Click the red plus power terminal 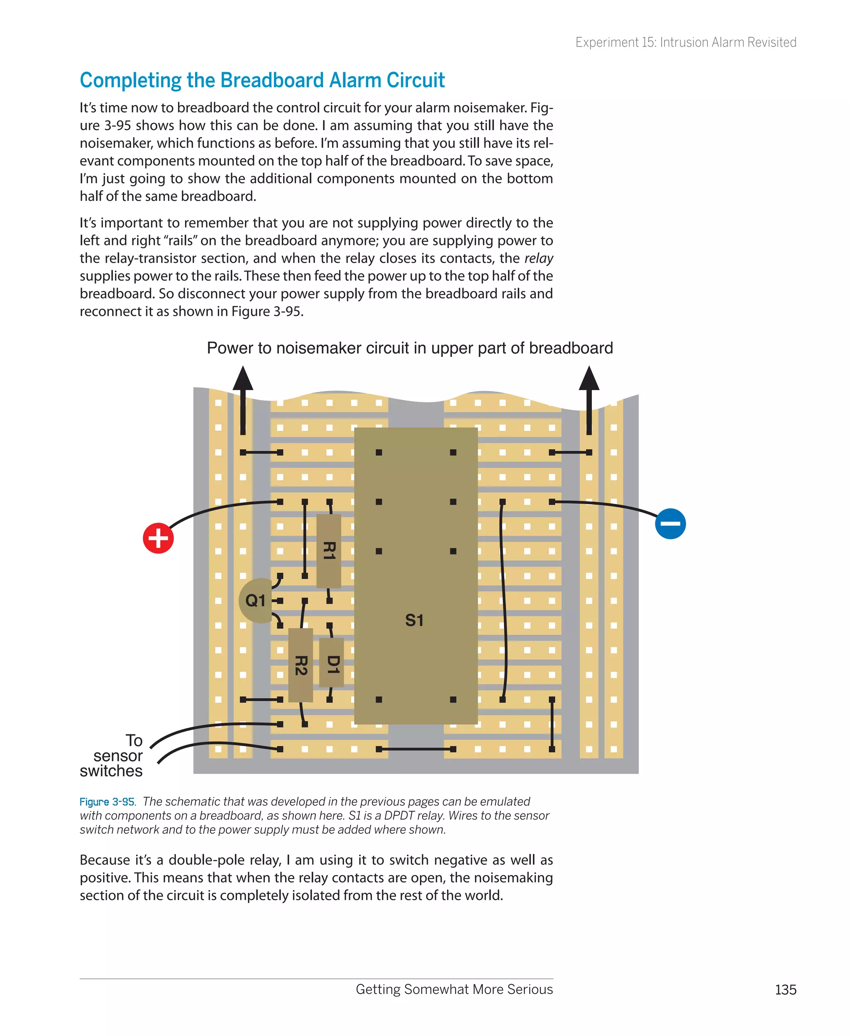click(158, 538)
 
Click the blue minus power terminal click(670, 523)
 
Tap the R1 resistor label click(329, 551)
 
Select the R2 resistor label click(300, 665)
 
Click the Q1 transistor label click(255, 600)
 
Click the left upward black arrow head click(243, 379)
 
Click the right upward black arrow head click(589, 379)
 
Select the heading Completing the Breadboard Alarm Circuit click(262, 80)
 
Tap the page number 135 click(785, 990)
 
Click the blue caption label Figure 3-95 click(107, 801)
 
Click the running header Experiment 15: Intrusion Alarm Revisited click(686, 43)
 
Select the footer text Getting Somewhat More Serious click(454, 989)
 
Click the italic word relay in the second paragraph click(539, 258)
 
